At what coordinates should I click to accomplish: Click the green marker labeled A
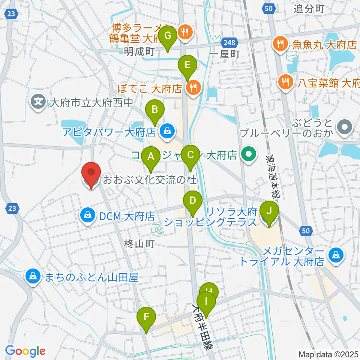point(151,156)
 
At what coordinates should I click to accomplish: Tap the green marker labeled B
point(154,110)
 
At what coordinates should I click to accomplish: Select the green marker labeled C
point(190,154)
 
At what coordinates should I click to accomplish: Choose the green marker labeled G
point(168,36)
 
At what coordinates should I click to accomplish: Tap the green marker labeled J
point(269,211)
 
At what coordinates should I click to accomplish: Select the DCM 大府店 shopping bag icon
point(87,216)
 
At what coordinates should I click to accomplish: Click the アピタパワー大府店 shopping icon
point(165,131)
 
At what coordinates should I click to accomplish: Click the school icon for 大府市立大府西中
point(38,100)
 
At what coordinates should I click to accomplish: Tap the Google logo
point(25,351)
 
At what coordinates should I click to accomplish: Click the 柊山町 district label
point(139,244)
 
